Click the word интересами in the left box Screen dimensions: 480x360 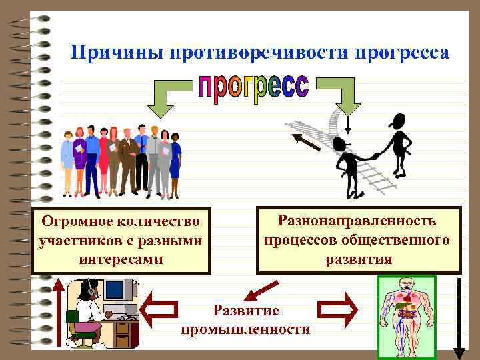[x=120, y=257]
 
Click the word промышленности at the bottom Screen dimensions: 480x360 [x=245, y=329]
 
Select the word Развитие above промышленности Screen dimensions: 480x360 [x=245, y=310]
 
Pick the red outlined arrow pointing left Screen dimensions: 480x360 [x=161, y=309]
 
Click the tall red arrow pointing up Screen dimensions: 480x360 [x=59, y=313]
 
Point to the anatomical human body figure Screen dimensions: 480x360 [x=406, y=317]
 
